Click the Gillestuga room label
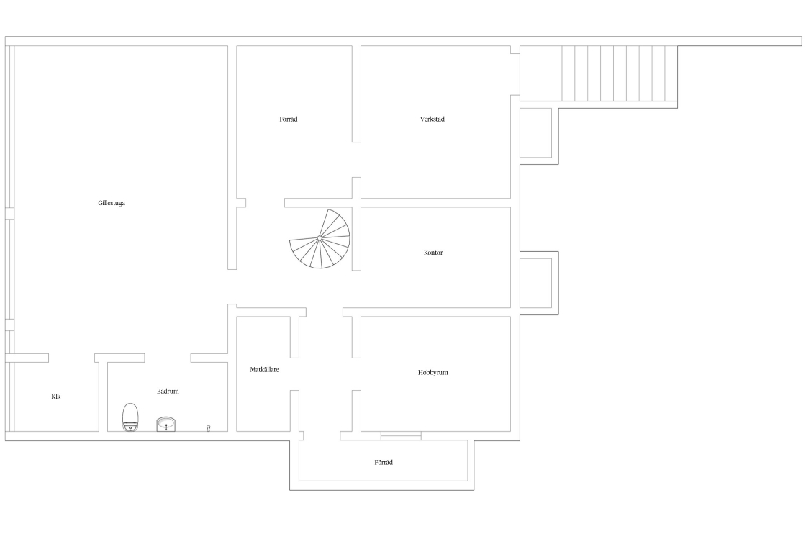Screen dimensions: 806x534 pos(112,203)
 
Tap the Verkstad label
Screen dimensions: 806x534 pos(433,119)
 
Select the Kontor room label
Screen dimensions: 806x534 pos(433,253)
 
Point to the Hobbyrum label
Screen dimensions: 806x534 pos(433,373)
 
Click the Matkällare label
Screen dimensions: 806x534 pos(264,369)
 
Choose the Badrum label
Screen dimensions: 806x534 pos(168,391)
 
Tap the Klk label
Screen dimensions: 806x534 pos(56,397)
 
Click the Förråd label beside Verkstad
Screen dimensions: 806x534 pos(289,119)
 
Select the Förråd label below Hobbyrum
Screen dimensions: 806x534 pos(384,463)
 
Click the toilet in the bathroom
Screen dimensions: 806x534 pos(130,417)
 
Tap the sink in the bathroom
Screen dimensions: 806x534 pos(166,424)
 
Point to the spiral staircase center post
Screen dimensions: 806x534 pos(320,238)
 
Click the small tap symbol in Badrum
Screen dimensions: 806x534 pos(208,428)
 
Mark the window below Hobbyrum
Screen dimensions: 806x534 pos(401,436)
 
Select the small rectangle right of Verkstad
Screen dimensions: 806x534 pos(535,132)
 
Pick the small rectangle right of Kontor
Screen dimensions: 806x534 pos(535,283)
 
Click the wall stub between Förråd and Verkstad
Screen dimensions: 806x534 pos(356,94)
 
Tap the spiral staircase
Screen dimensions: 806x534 pos(320,238)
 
